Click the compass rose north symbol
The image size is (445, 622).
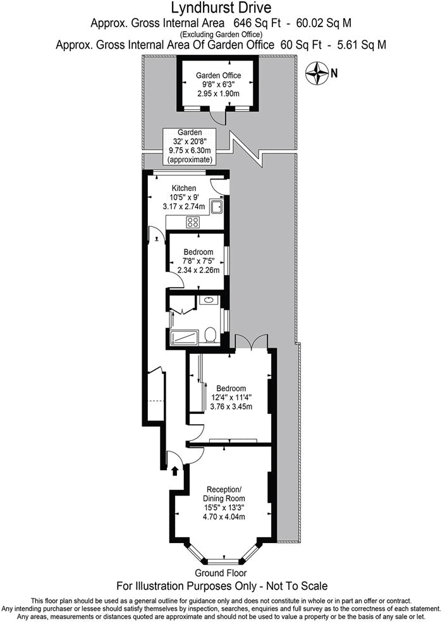[x=316, y=73]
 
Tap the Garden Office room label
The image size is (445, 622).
[x=218, y=75]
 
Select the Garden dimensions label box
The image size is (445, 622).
[x=190, y=146]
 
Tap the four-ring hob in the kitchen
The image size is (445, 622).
[x=193, y=222]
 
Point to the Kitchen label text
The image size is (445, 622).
[x=184, y=188]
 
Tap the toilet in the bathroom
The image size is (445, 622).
[x=212, y=333]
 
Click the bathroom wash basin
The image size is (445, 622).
[x=208, y=300]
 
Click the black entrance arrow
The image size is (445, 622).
[x=175, y=470]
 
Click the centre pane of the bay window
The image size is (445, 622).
[x=222, y=561]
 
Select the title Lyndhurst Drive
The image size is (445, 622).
[x=221, y=8]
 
